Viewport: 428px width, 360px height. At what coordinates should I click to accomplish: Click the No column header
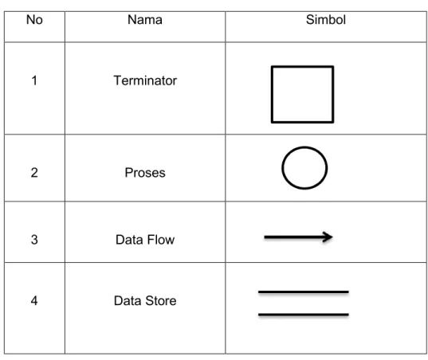(x=34, y=20)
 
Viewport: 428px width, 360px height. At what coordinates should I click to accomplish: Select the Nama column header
(x=145, y=20)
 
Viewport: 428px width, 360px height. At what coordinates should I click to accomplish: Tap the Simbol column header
(x=326, y=20)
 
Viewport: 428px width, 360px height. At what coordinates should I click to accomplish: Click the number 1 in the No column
(x=34, y=80)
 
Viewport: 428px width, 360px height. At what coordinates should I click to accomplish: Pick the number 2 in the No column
(x=34, y=173)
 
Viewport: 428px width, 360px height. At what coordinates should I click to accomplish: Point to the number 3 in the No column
(x=34, y=240)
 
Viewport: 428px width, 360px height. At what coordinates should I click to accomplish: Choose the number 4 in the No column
(x=34, y=301)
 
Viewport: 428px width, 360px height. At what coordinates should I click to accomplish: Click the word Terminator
(x=145, y=80)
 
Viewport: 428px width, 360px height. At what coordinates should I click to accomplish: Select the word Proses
(x=145, y=173)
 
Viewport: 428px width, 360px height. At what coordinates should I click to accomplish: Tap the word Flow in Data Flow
(x=160, y=240)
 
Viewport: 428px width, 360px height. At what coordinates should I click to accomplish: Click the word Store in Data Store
(x=161, y=301)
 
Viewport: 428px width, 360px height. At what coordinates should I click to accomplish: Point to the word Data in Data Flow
(x=129, y=240)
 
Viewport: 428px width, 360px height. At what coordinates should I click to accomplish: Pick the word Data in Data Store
(x=128, y=301)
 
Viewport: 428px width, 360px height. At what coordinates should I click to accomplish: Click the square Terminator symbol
(x=272, y=94)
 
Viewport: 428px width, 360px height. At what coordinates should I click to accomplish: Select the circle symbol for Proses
(x=282, y=168)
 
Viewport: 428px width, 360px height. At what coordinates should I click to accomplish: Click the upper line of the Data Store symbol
(x=304, y=292)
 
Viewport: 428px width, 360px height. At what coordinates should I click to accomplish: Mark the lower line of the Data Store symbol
(x=304, y=315)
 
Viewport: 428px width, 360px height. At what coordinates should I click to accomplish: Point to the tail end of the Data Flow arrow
(x=265, y=237)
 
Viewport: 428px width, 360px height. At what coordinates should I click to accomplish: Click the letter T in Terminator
(x=118, y=80)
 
